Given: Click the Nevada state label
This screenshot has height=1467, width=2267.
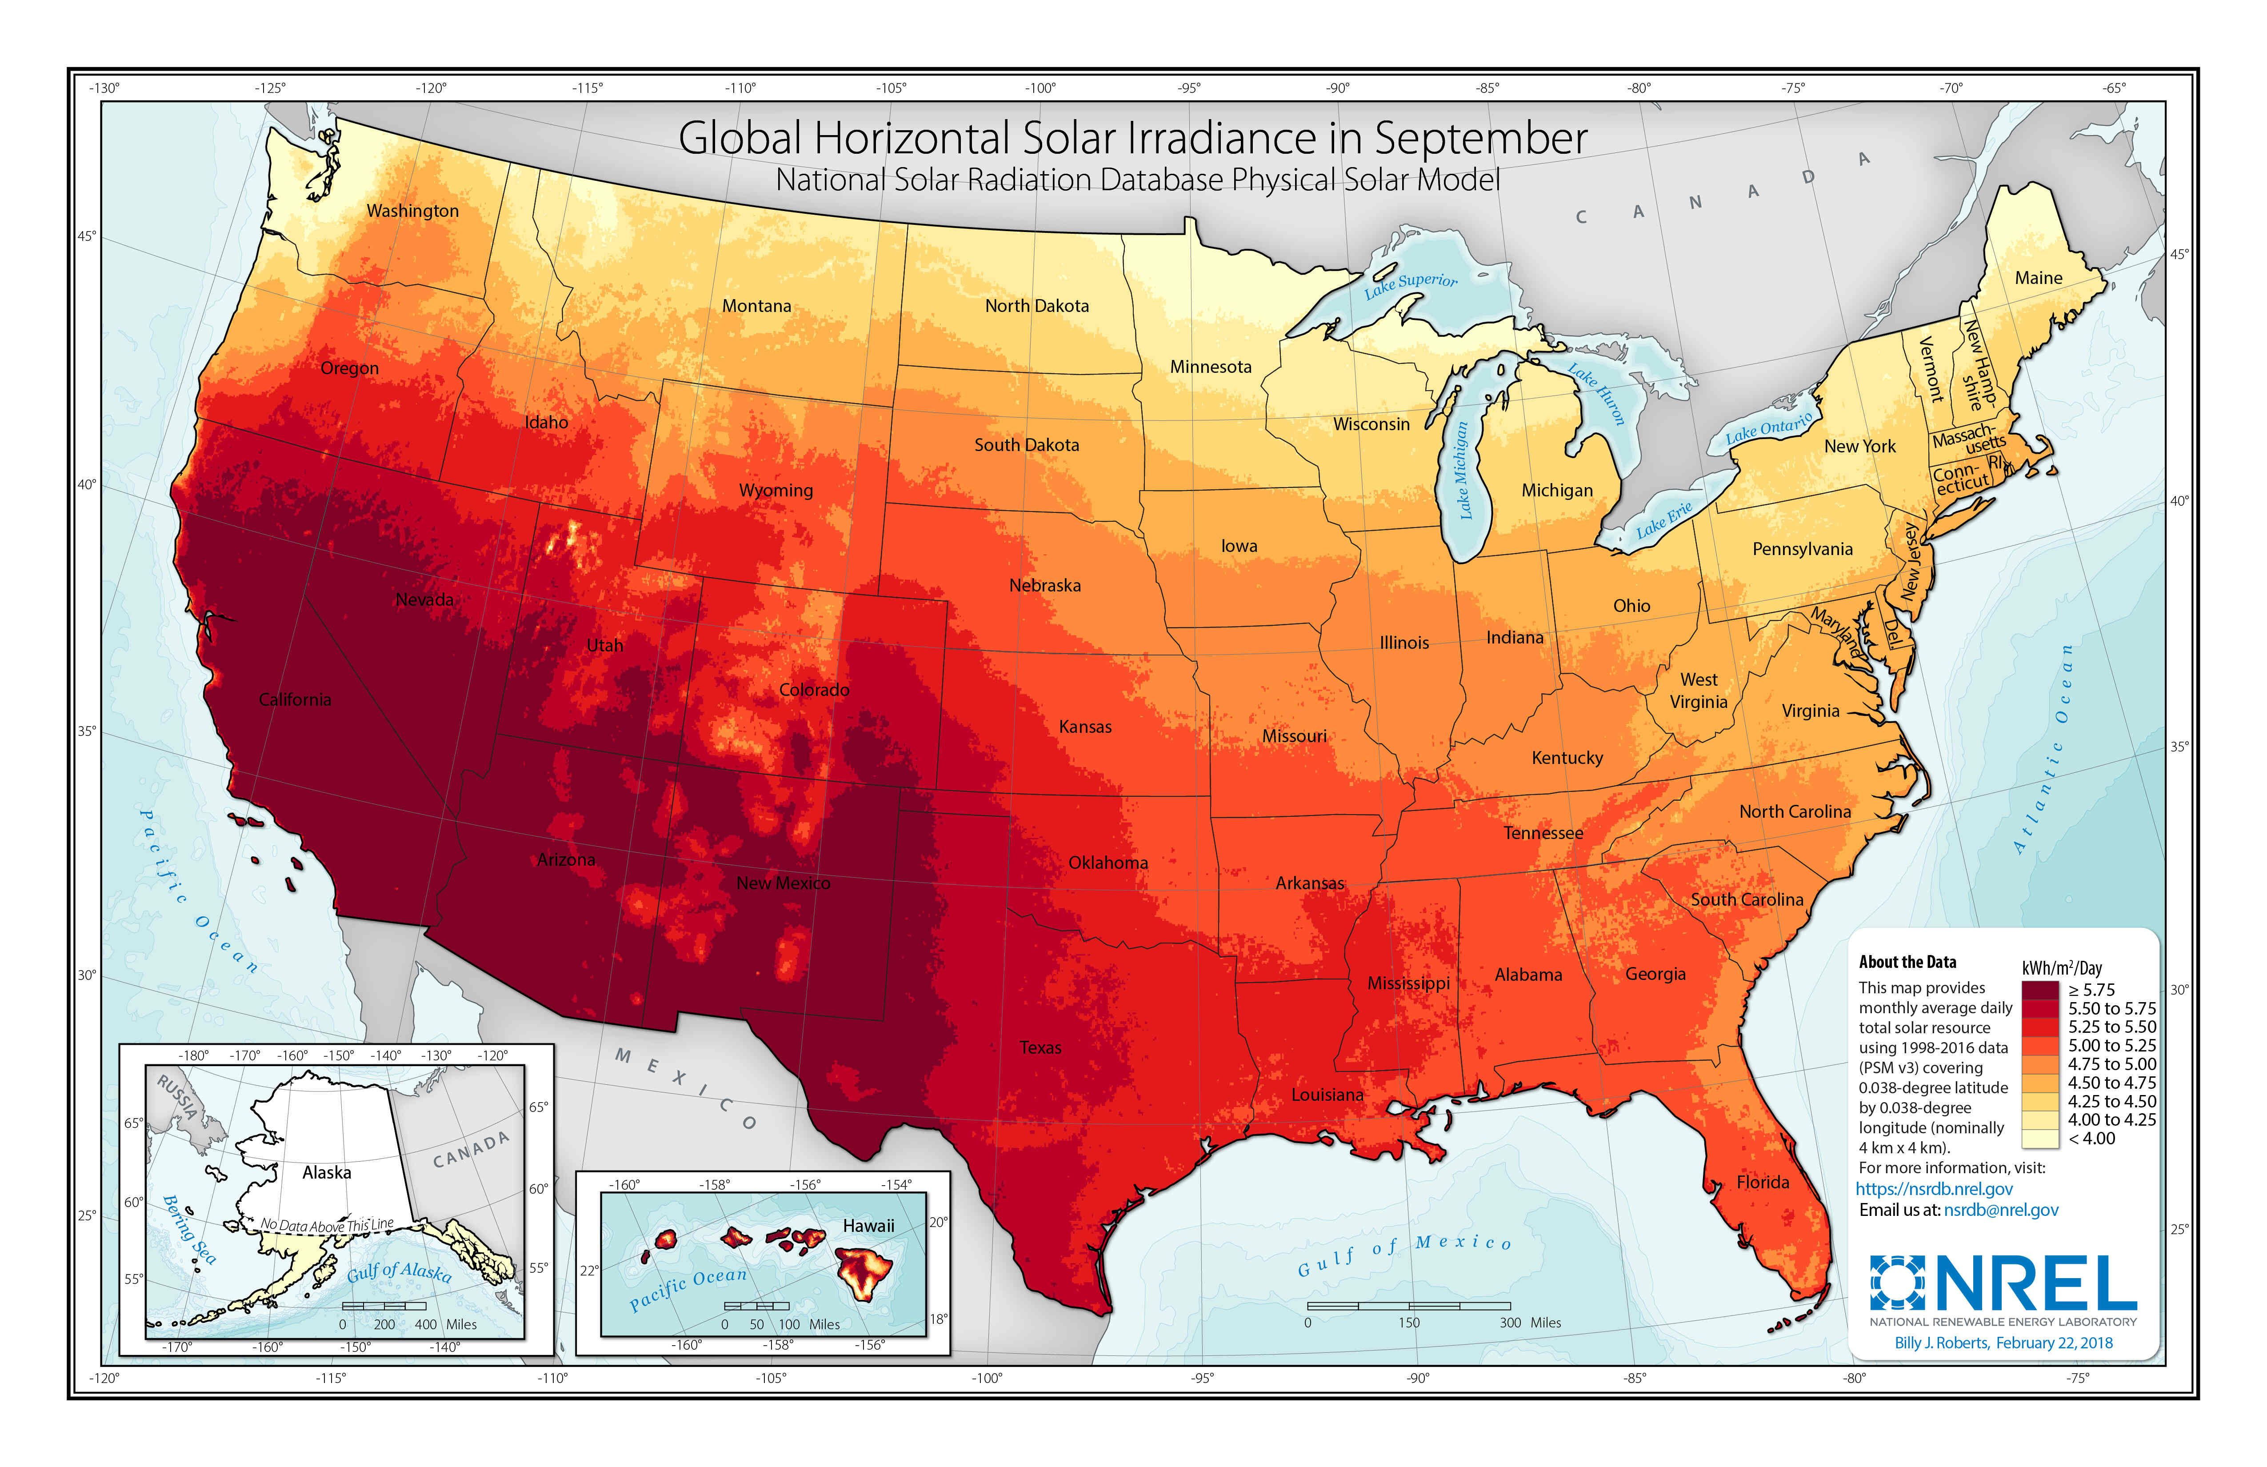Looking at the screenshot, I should point(425,599).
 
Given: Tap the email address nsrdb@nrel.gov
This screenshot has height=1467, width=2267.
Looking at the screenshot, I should point(2000,1210).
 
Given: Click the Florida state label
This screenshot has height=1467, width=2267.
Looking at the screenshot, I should point(1762,1182).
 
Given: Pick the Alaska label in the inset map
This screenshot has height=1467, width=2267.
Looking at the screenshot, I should point(327,1173).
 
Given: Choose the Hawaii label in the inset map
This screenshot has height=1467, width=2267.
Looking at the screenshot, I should point(868,1226).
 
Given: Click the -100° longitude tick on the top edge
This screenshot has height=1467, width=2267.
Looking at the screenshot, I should point(1040,88).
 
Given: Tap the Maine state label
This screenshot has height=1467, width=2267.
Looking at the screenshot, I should point(2039,278).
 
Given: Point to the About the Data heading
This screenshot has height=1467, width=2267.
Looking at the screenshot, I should point(1907,962).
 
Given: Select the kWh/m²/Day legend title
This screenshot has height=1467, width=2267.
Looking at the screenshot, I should point(2061,968).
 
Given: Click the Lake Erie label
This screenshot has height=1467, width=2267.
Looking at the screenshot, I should point(1664,519).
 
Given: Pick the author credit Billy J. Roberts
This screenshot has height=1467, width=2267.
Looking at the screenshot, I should point(1941,1343).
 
